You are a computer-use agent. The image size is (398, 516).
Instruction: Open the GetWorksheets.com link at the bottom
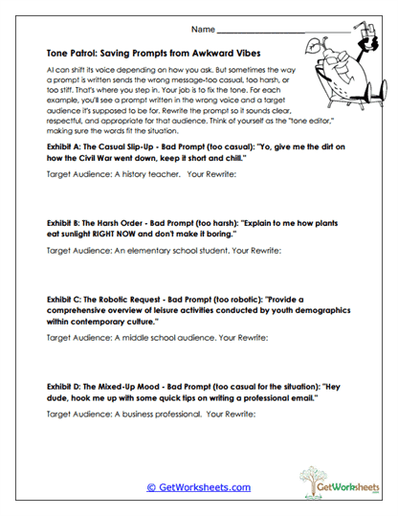point(198,487)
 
